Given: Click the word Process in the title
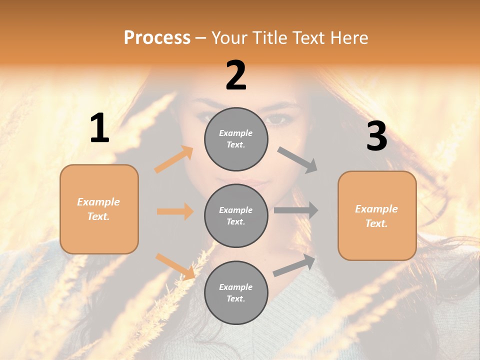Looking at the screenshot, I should (157, 37).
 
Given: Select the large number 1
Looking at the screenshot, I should (99, 128).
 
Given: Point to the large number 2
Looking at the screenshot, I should (236, 75).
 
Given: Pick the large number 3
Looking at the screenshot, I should (376, 136).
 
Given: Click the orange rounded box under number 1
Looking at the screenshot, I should (99, 209).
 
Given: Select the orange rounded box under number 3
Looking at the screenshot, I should (377, 215).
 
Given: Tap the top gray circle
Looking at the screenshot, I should (236, 139).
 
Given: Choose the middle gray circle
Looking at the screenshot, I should (236, 215).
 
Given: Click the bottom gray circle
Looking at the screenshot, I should (236, 292).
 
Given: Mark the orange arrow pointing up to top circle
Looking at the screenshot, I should (174, 159).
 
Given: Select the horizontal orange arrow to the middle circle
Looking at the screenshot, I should (175, 211).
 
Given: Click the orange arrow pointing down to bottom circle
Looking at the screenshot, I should (175, 266).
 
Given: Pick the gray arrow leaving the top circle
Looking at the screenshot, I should (297, 160).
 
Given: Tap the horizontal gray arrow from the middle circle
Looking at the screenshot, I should (296, 210).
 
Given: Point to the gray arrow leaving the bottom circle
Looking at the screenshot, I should (294, 265).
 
